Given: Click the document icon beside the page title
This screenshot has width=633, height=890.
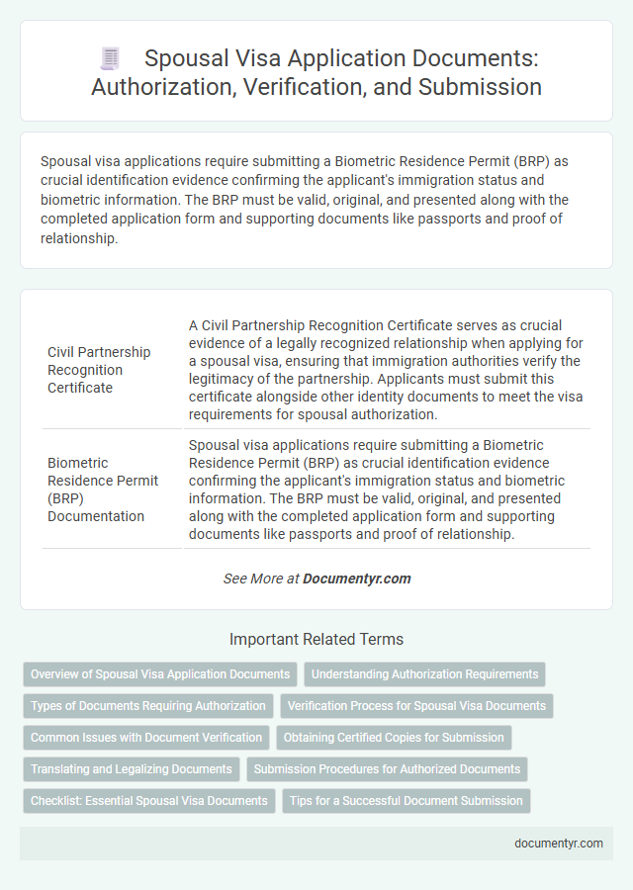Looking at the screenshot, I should [110, 59].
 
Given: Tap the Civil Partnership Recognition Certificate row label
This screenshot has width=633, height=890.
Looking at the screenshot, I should [99, 370].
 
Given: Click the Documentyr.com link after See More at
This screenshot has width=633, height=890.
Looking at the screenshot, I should [357, 578].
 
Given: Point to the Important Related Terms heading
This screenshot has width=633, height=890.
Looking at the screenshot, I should [316, 639].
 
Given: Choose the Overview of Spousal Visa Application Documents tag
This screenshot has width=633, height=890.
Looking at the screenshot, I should [160, 674].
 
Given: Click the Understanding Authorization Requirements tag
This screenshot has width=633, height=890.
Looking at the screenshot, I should [425, 674].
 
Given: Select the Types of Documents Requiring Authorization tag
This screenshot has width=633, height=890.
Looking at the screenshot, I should [148, 706].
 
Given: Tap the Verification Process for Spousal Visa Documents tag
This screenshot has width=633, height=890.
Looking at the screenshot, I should [416, 706].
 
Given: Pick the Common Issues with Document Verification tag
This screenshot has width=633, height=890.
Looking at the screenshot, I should [146, 738].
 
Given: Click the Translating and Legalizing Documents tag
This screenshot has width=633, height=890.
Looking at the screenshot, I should [132, 769].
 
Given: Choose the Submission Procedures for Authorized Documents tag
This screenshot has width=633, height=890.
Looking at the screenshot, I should [387, 769].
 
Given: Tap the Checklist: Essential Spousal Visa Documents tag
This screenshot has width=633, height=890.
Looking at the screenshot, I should [149, 801].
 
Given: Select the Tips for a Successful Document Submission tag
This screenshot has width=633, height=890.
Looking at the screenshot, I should [407, 801].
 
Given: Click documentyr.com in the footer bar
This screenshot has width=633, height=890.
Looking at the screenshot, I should [559, 844].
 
